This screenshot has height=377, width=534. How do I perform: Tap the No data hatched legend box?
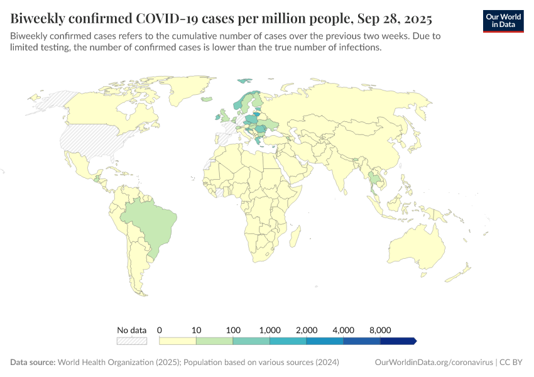[x=132, y=341]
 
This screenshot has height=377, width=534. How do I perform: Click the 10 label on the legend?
[x=196, y=330]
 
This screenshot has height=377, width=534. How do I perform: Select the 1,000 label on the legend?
[x=270, y=330]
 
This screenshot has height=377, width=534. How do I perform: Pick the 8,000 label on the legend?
[x=380, y=330]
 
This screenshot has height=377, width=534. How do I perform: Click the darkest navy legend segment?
[x=398, y=341]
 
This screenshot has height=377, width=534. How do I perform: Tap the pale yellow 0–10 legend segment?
[x=178, y=341]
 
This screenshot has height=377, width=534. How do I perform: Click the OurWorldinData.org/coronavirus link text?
[x=433, y=363]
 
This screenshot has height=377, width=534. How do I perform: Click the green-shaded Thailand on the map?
[x=374, y=178]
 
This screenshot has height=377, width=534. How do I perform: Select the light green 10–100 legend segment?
[x=214, y=341]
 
